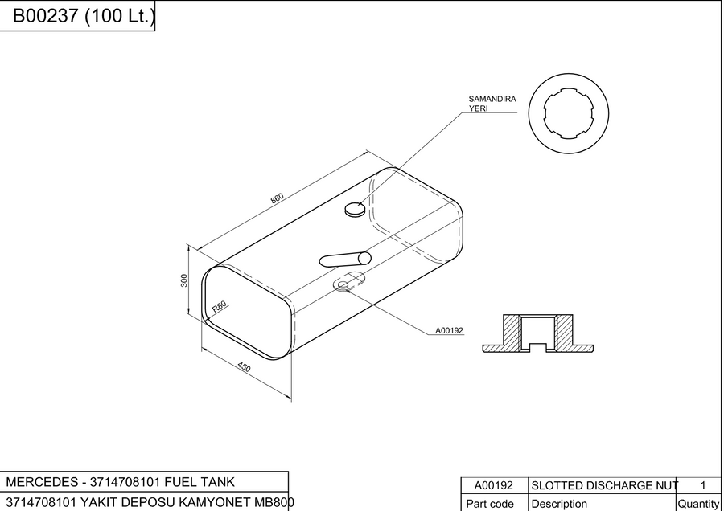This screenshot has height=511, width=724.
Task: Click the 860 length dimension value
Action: coord(277,198)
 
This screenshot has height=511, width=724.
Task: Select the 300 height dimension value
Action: coord(184,280)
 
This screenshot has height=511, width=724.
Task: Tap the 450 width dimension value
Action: coord(244,366)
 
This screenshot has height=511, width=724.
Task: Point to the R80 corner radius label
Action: coord(220,306)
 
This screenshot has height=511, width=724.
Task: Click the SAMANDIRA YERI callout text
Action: coord(492,104)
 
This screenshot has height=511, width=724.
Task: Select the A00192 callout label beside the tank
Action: coord(449,331)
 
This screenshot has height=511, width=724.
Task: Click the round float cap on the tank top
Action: coord(355,210)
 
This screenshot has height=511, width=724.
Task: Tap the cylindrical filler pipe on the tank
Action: coord(345,260)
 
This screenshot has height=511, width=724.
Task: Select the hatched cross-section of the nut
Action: coord(538,333)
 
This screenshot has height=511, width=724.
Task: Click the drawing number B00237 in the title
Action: coord(45,16)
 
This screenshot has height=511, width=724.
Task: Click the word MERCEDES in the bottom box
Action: coord(42,482)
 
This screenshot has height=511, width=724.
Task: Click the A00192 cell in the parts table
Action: coord(494,485)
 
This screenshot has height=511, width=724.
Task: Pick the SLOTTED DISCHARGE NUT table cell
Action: coord(602,485)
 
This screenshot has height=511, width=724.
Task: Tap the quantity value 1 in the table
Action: coord(703,485)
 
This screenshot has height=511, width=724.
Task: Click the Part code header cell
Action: coord(494,503)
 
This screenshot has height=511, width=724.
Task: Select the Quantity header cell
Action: coord(697,503)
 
